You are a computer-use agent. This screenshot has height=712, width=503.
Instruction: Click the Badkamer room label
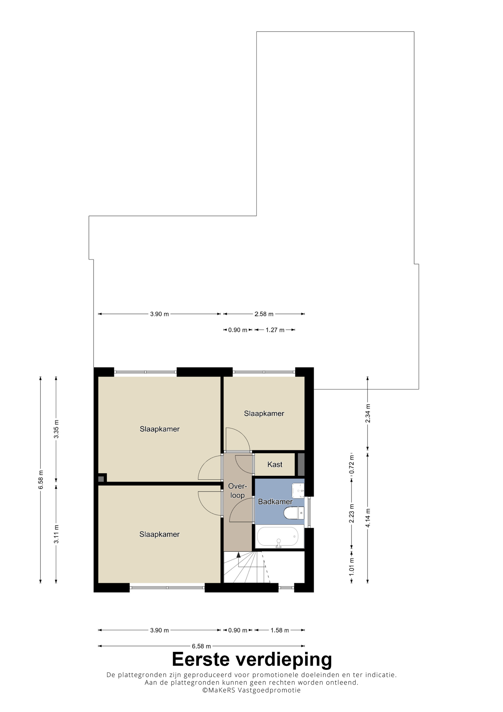pos(275,501)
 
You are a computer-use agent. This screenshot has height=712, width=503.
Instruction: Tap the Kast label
pos(275,464)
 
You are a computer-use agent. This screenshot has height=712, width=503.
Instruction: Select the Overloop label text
pos(237,491)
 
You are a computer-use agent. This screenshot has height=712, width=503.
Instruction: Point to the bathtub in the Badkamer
pos(278,536)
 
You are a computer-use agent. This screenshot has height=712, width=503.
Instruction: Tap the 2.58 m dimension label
pos(264,314)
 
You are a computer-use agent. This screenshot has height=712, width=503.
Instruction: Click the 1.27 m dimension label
pos(275,330)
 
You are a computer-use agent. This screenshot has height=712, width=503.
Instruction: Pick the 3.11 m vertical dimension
pos(56,534)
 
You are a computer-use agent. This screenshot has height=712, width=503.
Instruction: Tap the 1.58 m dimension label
pos(280,630)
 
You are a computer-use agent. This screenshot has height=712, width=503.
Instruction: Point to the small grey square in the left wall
pos(101,479)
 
